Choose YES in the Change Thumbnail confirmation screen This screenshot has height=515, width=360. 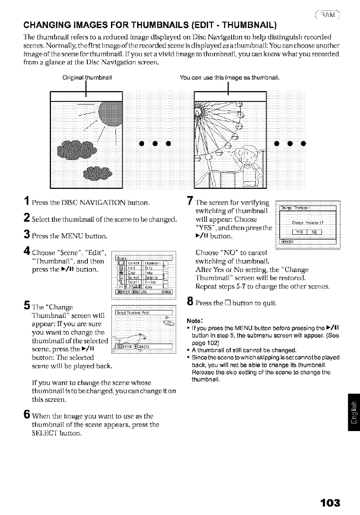298,231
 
